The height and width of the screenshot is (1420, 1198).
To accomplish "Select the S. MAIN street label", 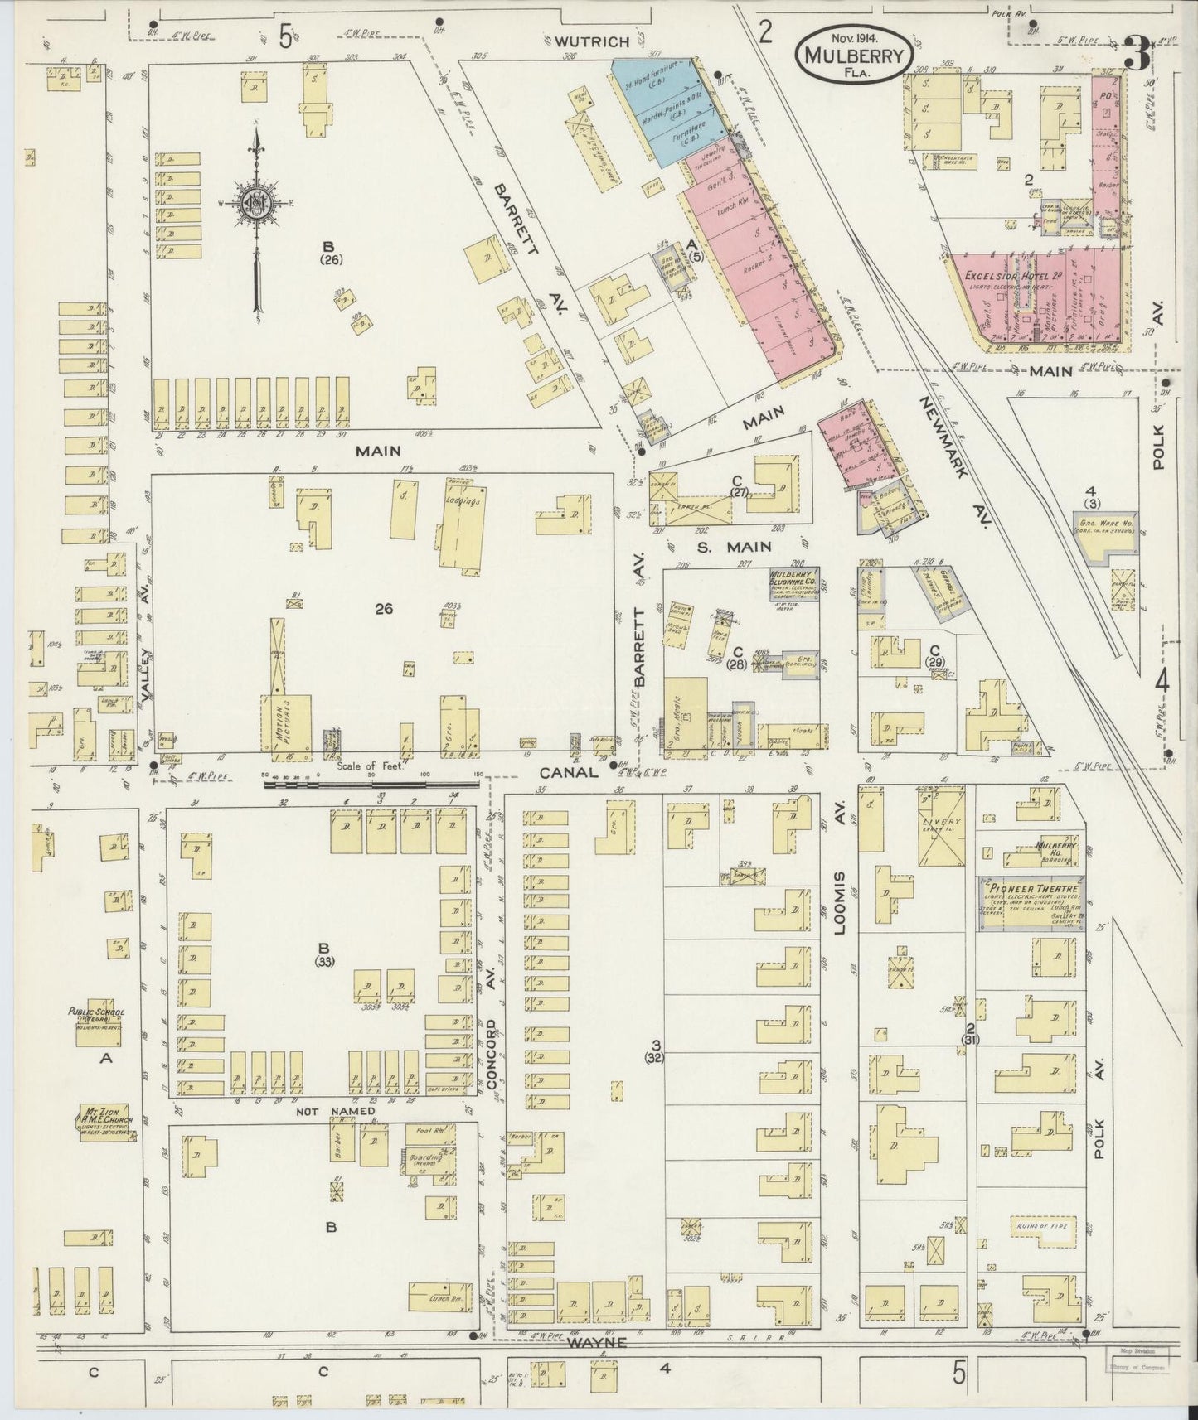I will click(x=733, y=546).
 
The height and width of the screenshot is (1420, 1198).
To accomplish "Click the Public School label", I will click(x=98, y=1014).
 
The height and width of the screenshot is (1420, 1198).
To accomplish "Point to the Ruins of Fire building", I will click(x=1042, y=1225).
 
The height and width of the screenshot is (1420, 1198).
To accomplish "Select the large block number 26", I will click(x=383, y=609).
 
